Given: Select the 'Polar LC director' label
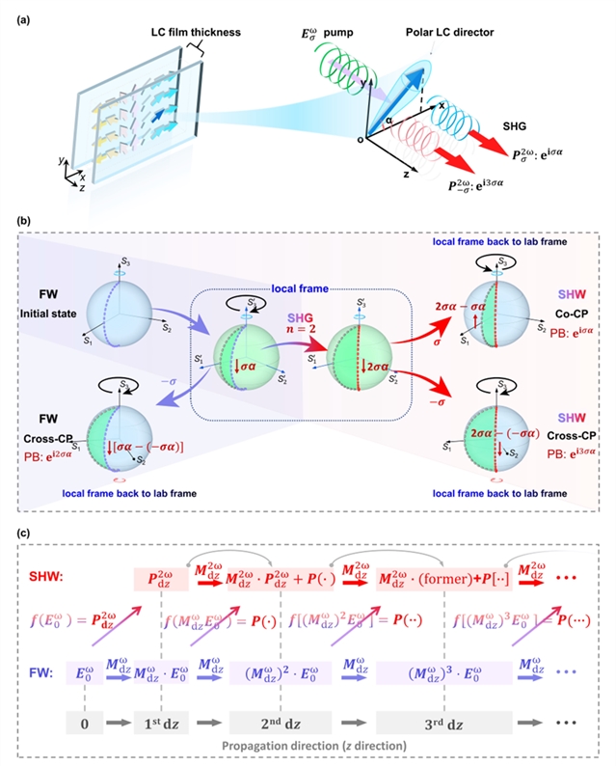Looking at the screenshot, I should coord(450,33).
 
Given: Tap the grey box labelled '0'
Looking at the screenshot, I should coord(85,721).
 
